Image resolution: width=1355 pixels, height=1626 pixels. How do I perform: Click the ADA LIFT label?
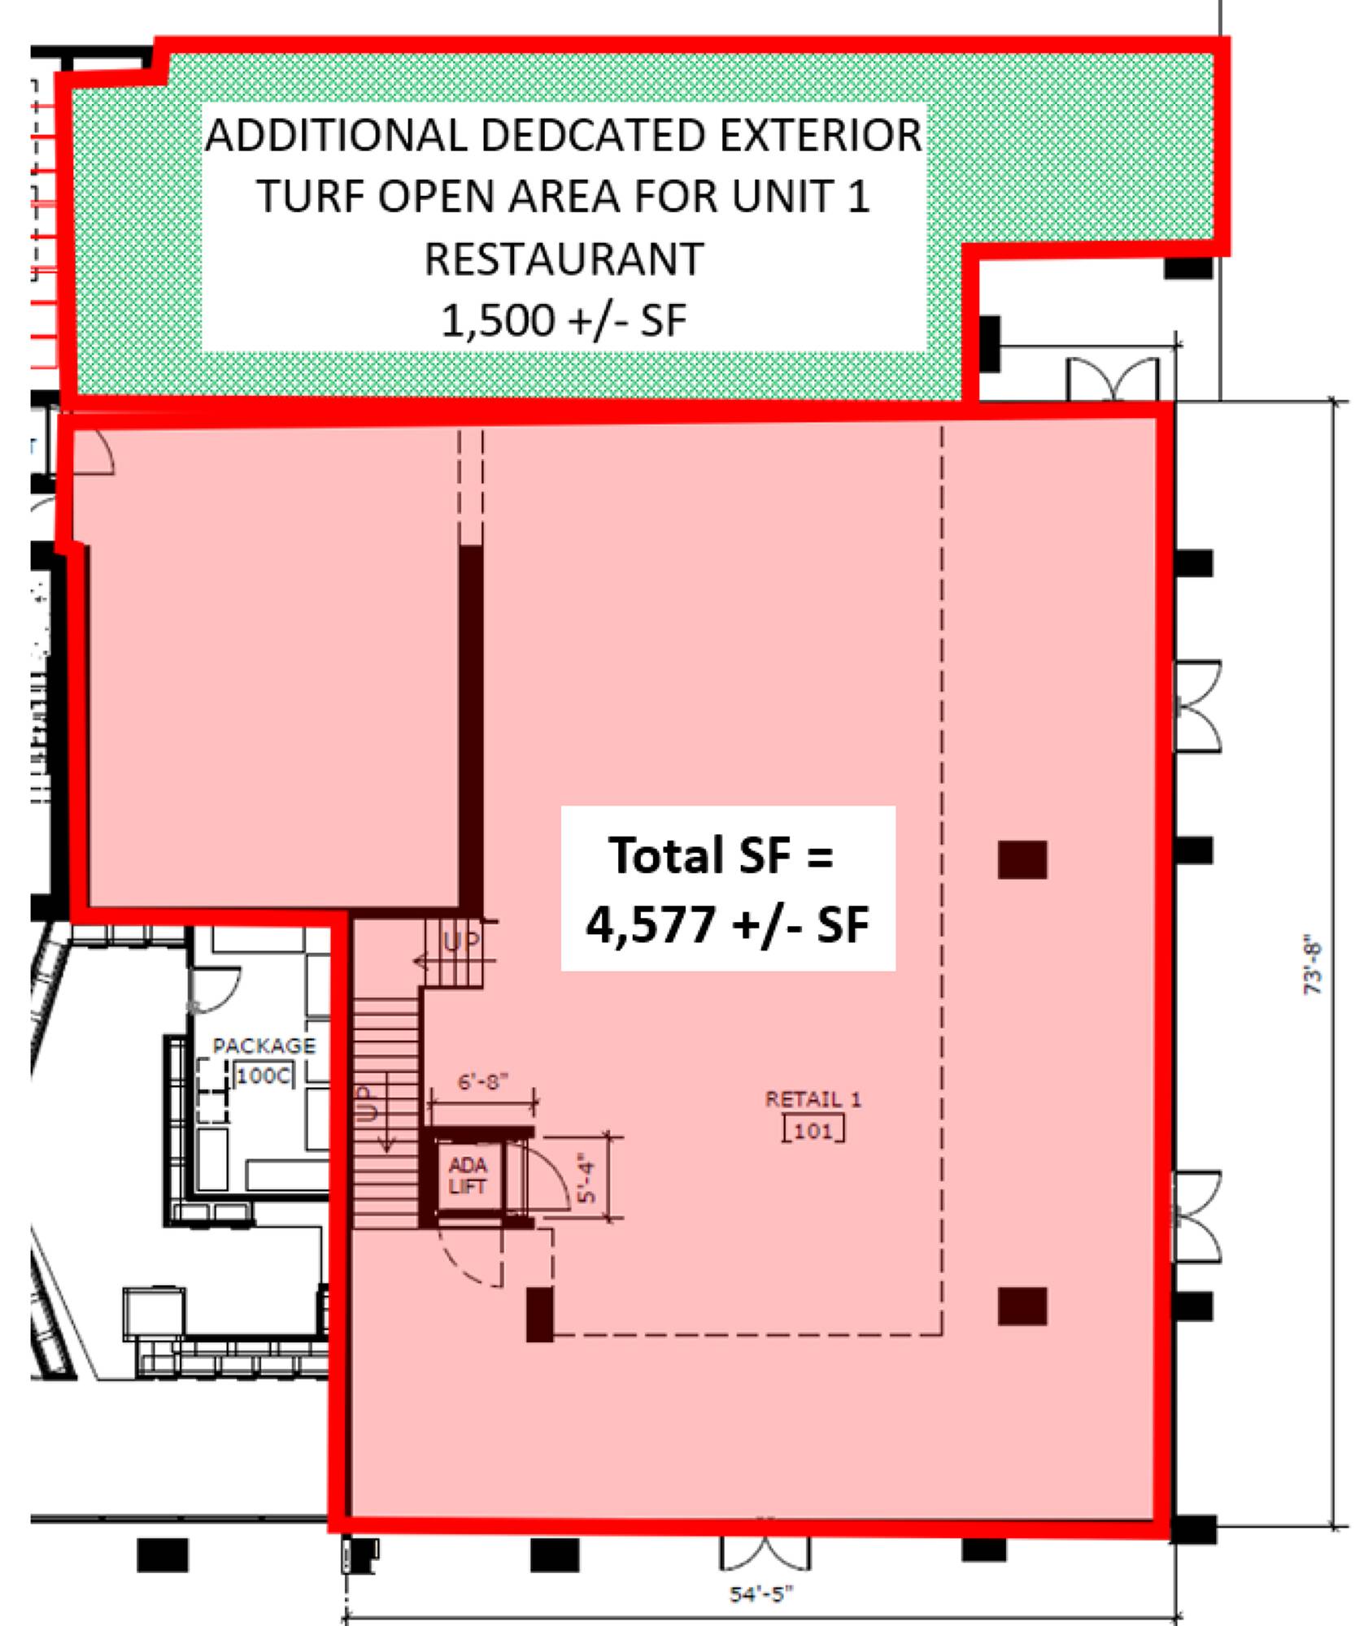point(467,1176)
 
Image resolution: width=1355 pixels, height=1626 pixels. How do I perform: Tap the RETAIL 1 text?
point(813,1099)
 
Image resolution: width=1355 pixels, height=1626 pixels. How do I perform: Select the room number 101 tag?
point(813,1130)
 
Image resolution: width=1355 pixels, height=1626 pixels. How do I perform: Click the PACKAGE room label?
point(264,1046)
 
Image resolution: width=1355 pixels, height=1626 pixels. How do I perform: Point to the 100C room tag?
point(264,1076)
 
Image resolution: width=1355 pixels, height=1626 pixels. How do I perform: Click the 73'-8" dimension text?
point(1313,967)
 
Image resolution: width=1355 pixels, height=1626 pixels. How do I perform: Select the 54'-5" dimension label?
point(760,1594)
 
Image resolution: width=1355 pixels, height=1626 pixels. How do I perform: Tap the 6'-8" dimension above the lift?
point(483,1081)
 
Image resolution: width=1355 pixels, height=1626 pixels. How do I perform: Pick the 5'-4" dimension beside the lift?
point(586,1178)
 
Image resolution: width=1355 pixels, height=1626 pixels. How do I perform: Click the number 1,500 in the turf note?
point(498,320)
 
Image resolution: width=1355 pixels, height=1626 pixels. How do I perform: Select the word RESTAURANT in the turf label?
point(564,259)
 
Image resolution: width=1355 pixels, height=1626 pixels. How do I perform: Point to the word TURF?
point(312,197)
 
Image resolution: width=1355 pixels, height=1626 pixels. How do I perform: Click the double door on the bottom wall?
point(765,1554)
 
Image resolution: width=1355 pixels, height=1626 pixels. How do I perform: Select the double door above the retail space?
point(1113,378)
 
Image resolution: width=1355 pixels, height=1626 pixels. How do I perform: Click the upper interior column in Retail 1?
point(1022,859)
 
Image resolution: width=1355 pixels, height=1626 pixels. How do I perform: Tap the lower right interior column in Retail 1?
point(1022,1306)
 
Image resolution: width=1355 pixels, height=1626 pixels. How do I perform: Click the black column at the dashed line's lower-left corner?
point(540,1314)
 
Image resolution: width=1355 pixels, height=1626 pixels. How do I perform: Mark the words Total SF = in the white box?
point(721,855)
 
